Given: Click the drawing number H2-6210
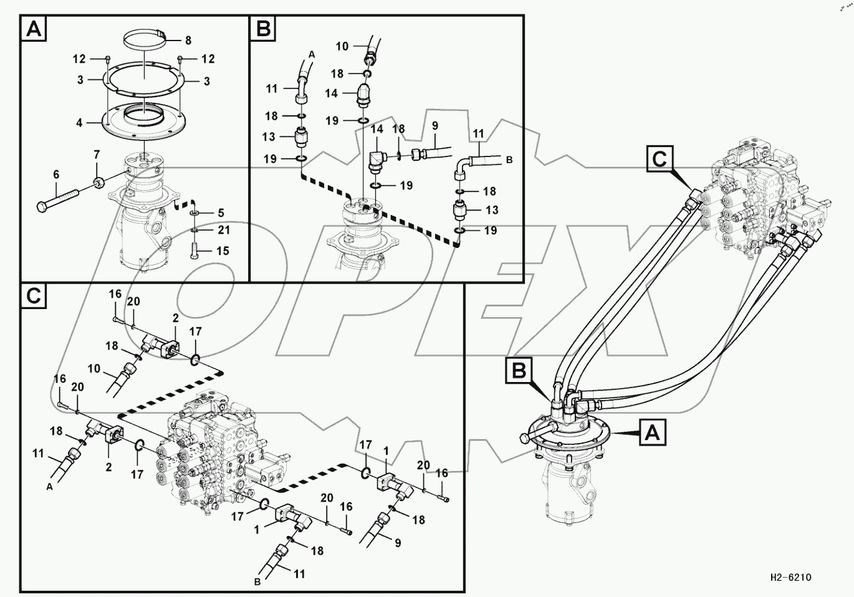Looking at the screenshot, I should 790,578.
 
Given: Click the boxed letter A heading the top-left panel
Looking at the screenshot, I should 34,29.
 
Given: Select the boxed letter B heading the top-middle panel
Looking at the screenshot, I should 264,29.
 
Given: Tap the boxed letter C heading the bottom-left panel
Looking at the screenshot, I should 34,296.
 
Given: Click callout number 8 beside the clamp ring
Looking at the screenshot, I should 188,41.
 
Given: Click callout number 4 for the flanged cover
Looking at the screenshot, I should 79,123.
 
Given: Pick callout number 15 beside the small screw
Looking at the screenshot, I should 222,251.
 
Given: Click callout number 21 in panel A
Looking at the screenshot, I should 223,230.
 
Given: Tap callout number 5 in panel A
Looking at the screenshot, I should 221,213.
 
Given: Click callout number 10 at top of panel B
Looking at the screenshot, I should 342,46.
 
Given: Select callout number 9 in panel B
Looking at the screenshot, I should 434,126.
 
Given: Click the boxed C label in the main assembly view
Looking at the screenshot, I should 660,160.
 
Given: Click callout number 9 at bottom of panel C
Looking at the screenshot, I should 397,542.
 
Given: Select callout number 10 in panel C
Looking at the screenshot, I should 94,368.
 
